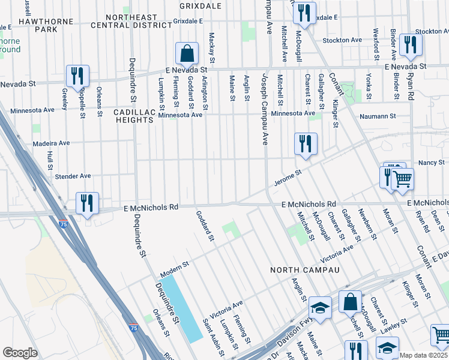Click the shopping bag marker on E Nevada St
(187, 53)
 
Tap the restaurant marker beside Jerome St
(306, 143)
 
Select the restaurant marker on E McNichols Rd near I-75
(88, 203)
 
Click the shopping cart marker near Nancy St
(402, 179)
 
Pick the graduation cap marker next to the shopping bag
(321, 308)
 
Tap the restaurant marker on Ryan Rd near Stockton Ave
(411, 44)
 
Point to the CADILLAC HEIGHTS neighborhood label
(134, 116)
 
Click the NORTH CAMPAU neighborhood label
(304, 270)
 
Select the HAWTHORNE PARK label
(54, 25)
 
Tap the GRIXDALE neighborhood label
(200, 6)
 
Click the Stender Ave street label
(73, 176)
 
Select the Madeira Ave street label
(53, 143)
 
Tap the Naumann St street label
(378, 116)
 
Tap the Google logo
(20, 352)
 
